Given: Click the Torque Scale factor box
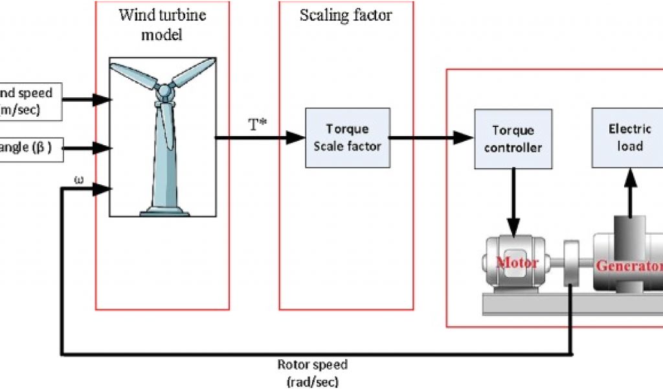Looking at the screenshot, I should (x=347, y=137).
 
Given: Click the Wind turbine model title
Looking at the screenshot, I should (x=162, y=24).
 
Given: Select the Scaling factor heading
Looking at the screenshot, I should (x=346, y=15).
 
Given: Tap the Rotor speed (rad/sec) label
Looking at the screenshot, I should (x=313, y=373).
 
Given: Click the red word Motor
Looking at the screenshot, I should (x=517, y=263).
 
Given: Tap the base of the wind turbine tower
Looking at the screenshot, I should (x=162, y=209).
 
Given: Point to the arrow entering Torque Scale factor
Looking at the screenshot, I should (x=295, y=137).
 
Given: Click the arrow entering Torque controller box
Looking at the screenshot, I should (x=463, y=137).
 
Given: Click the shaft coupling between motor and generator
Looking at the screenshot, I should (x=571, y=263).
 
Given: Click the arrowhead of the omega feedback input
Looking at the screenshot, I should (x=103, y=189).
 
